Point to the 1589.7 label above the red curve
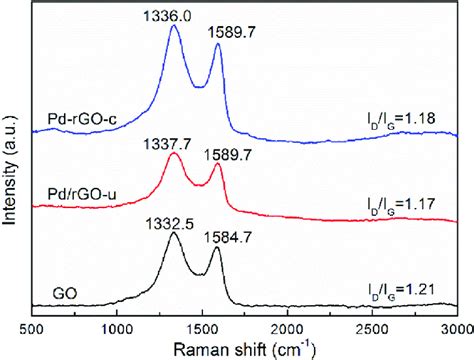point(227,155)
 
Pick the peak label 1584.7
point(229,239)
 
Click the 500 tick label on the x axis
point(33,326)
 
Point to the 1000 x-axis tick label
point(117,326)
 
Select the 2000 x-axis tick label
point(288,326)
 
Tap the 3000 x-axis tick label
point(457,326)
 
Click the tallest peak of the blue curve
point(174,26)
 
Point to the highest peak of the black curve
point(173,234)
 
